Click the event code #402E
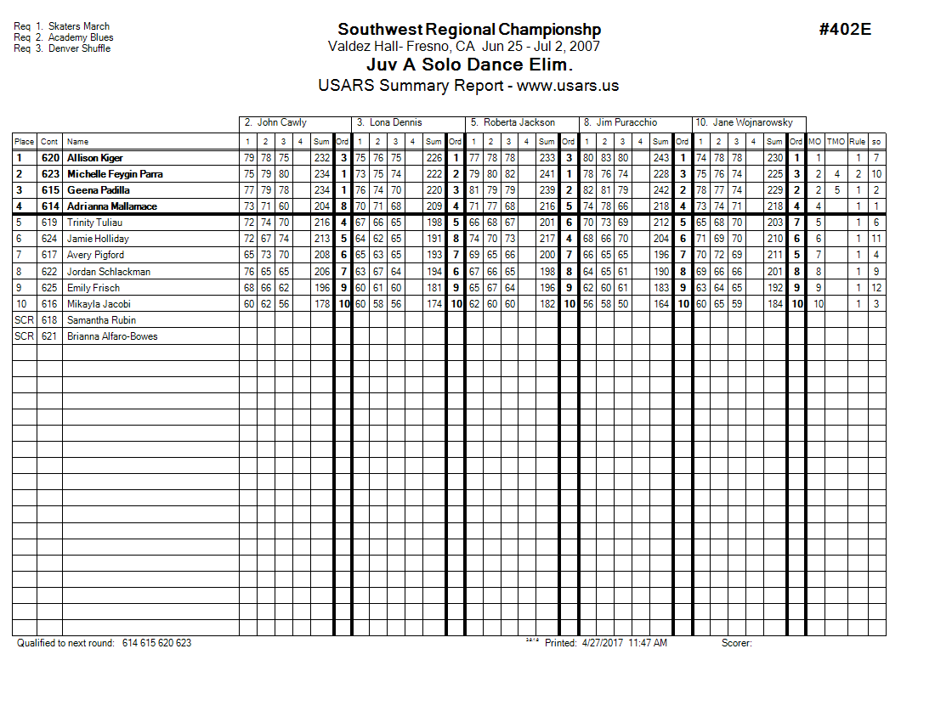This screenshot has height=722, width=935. (x=845, y=30)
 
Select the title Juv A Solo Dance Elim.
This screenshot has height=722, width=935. (x=469, y=65)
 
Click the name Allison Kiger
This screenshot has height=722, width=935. (x=95, y=158)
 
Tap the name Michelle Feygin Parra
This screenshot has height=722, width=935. (x=115, y=174)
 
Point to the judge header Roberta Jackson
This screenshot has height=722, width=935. (x=518, y=122)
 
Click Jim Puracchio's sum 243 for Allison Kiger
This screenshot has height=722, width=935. (x=660, y=158)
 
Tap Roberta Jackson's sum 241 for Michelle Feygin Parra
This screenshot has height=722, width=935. (x=547, y=174)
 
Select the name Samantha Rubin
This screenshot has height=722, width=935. (x=101, y=320)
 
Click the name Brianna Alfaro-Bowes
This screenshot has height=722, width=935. (x=112, y=336)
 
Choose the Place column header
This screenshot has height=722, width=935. (x=24, y=142)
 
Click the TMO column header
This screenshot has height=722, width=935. (x=836, y=142)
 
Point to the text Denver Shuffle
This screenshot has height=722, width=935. (x=79, y=48)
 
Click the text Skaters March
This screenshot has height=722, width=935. (x=79, y=26)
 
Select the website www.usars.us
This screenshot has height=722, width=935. (x=568, y=86)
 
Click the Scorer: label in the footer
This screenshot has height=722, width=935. (x=736, y=643)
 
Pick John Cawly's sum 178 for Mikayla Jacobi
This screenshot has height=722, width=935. (x=322, y=304)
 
